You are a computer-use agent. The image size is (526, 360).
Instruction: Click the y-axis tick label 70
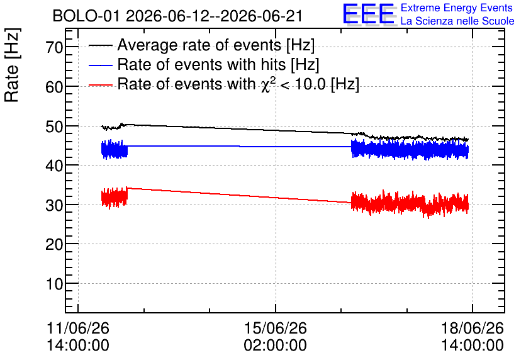[54, 47]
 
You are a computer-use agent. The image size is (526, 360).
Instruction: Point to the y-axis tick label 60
[54, 87]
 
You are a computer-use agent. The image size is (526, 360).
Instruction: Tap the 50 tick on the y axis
[54, 127]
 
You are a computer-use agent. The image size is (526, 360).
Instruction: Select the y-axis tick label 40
[54, 166]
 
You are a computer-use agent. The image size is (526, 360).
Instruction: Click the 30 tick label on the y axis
[54, 205]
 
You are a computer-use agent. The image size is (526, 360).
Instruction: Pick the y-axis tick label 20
[54, 245]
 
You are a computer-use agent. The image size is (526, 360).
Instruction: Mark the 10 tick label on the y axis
[54, 284]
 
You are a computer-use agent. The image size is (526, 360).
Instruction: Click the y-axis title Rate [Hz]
[12, 65]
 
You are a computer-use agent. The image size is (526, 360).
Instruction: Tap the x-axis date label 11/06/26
[78, 328]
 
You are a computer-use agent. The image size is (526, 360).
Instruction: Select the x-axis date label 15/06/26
[276, 328]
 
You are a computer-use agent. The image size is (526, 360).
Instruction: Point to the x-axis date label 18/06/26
[473, 328]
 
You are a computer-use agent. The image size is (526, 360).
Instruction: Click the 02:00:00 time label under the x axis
[276, 345]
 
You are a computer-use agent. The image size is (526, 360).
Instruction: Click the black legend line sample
[100, 45]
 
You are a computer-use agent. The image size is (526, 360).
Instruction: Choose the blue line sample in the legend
[100, 65]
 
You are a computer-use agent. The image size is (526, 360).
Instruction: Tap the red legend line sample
[100, 85]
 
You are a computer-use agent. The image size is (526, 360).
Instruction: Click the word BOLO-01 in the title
[86, 16]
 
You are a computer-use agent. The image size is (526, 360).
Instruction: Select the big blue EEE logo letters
[369, 14]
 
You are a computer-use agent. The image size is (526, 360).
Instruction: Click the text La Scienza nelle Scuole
[457, 21]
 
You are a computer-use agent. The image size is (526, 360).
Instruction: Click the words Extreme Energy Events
[457, 8]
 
